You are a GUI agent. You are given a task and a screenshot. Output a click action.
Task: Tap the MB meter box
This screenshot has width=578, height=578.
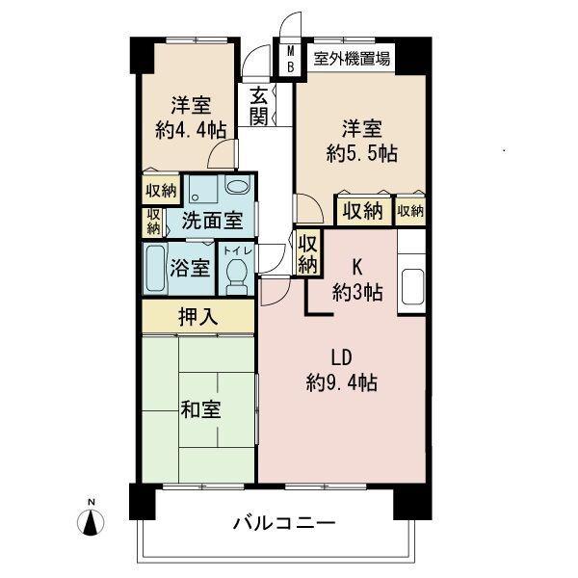(289, 59)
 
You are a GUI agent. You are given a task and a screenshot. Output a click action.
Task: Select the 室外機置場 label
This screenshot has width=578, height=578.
(351, 59)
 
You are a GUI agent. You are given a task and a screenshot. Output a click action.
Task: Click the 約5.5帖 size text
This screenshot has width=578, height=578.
(361, 151)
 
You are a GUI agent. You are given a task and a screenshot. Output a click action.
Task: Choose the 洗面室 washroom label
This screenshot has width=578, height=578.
(212, 220)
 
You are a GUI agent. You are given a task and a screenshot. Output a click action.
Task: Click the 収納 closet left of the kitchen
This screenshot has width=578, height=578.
(308, 252)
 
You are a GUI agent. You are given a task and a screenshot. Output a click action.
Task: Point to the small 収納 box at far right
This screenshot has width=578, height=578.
(410, 210)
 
